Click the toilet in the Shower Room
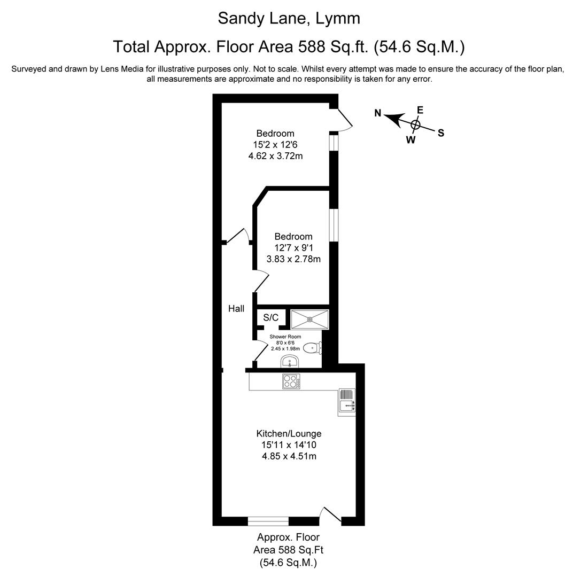(312, 348)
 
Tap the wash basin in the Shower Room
(290, 362)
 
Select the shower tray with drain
(310, 319)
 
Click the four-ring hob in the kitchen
(291, 381)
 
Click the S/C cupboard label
(271, 318)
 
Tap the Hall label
(236, 308)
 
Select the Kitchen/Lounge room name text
(289, 433)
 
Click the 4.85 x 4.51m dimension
(289, 456)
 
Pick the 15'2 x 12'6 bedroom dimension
(275, 144)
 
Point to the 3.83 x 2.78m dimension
(293, 259)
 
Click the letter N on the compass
(378, 113)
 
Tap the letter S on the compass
(441, 134)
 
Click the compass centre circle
(416, 124)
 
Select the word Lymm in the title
(338, 18)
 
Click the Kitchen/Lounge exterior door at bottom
(330, 516)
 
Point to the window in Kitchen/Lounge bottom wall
(268, 520)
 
